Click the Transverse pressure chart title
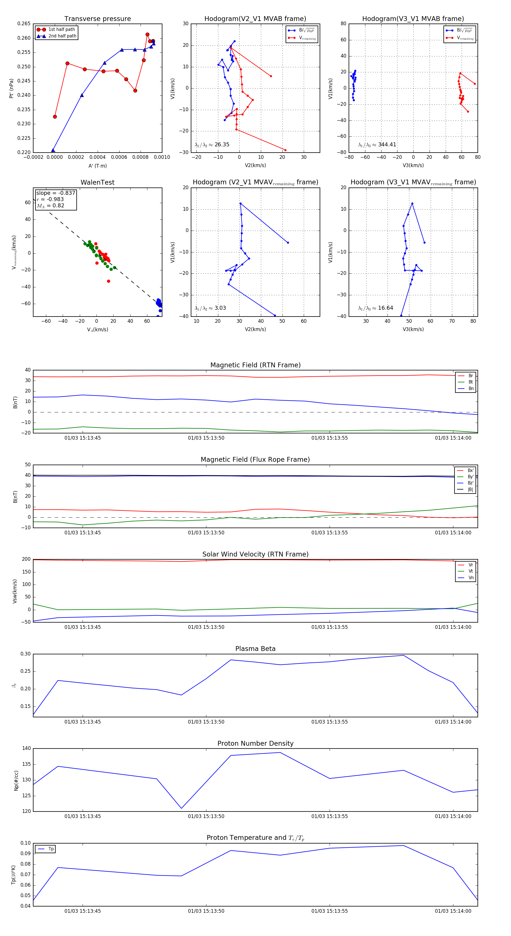[97, 19]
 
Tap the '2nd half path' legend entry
[62, 36]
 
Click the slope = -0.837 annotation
[56, 193]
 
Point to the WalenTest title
[97, 182]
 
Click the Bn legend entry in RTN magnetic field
[471, 388]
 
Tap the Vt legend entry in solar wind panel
[471, 571]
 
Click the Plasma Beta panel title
[255, 649]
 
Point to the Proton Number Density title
[255, 743]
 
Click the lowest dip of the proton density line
[181, 808]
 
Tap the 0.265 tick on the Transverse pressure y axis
[24, 24]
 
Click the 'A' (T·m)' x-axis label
[97, 166]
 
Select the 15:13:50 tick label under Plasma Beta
[206, 722]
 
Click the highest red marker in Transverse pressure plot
[147, 35]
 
